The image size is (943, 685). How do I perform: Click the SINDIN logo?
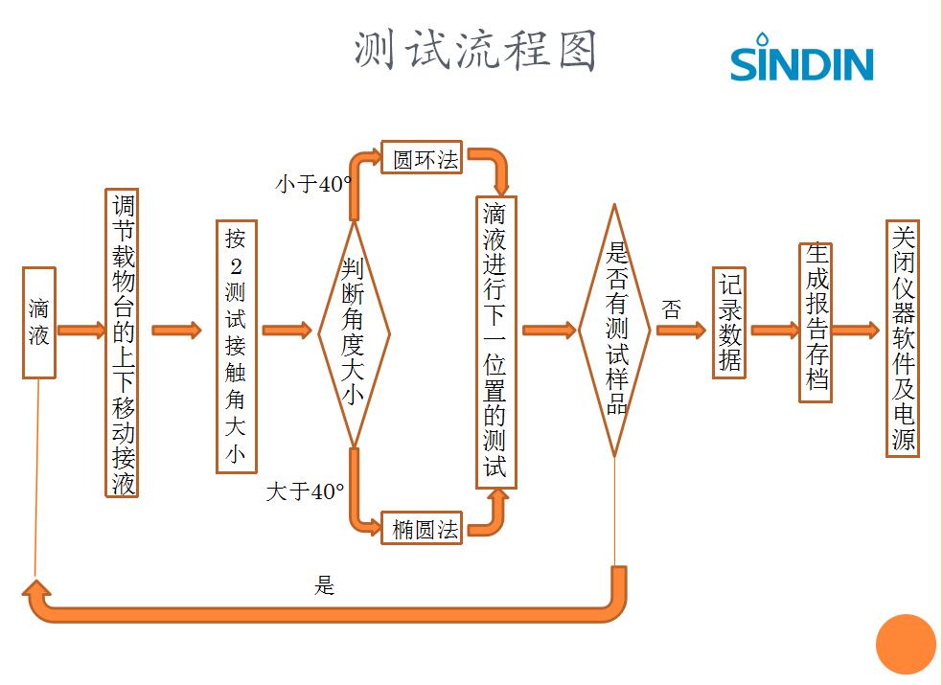point(801,59)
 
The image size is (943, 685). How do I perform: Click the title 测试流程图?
point(475,50)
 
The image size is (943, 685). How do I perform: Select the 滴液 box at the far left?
point(39,323)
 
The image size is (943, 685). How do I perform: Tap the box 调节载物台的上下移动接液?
point(122,343)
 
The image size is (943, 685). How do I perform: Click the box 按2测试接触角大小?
point(236,347)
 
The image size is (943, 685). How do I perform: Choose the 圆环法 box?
point(422,159)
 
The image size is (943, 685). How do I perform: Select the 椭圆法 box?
point(423,528)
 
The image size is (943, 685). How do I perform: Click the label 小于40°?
point(313,185)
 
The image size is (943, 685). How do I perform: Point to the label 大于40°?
point(305,492)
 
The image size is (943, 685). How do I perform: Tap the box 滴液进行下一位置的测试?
point(495,342)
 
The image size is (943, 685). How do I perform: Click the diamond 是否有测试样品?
point(614,330)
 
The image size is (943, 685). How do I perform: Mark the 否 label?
point(671,309)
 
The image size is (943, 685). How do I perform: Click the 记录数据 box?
point(729,324)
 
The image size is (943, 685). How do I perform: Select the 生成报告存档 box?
point(816,322)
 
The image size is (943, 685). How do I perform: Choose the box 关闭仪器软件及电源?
point(903,339)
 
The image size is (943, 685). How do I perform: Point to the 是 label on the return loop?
point(325,585)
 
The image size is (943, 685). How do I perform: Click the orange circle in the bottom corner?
point(905,644)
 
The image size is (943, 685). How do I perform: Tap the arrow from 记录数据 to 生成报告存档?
point(773,331)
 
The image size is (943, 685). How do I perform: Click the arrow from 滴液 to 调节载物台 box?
point(80,331)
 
